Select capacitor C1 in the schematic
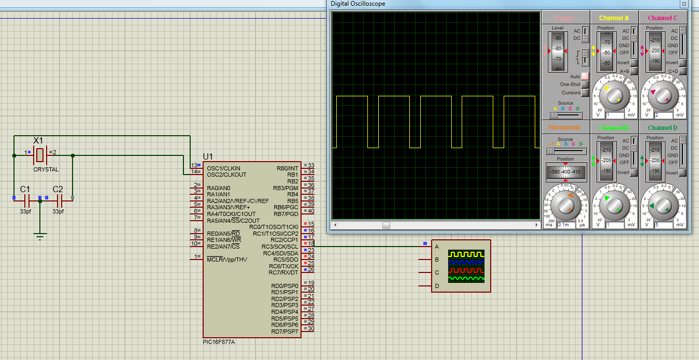point(27,198)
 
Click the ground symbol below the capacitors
point(40,236)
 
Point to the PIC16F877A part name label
point(222,342)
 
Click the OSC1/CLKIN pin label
point(223,168)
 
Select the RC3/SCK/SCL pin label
point(279,247)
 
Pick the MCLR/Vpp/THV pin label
point(227,259)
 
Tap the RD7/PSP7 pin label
point(284,332)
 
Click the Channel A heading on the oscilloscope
point(614,18)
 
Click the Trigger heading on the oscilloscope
point(564,18)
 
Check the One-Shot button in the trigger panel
point(585,84)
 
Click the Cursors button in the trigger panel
point(585,93)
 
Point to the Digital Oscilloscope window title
point(358,4)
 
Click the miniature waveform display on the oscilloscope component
point(466,266)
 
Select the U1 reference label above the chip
point(208,156)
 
